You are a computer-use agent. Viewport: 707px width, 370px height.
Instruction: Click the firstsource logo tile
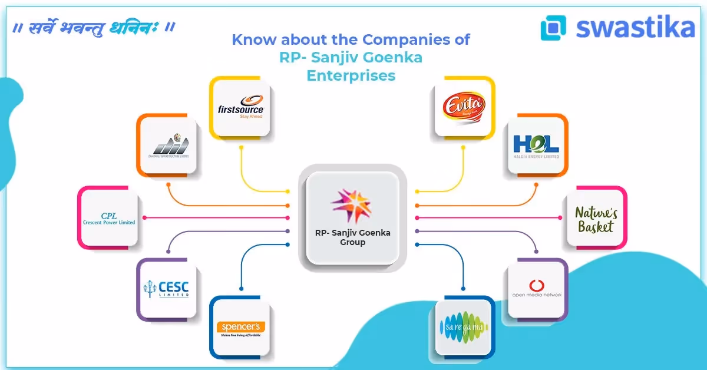(240, 107)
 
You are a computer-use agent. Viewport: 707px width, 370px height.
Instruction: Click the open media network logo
(536, 289)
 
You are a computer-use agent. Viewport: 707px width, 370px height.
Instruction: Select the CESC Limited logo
(167, 289)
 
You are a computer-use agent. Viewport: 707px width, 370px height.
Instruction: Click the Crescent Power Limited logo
(109, 217)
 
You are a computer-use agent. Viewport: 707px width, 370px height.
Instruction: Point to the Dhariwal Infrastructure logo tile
(167, 144)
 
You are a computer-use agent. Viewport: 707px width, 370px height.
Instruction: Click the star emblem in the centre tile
(352, 203)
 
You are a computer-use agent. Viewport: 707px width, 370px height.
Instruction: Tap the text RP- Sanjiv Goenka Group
(352, 237)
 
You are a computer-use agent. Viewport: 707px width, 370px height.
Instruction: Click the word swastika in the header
(635, 27)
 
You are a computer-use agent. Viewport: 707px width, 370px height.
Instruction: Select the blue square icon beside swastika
(553, 28)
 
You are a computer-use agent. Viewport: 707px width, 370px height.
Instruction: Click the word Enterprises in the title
(351, 76)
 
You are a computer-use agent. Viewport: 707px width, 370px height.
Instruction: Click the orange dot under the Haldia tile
(536, 184)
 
